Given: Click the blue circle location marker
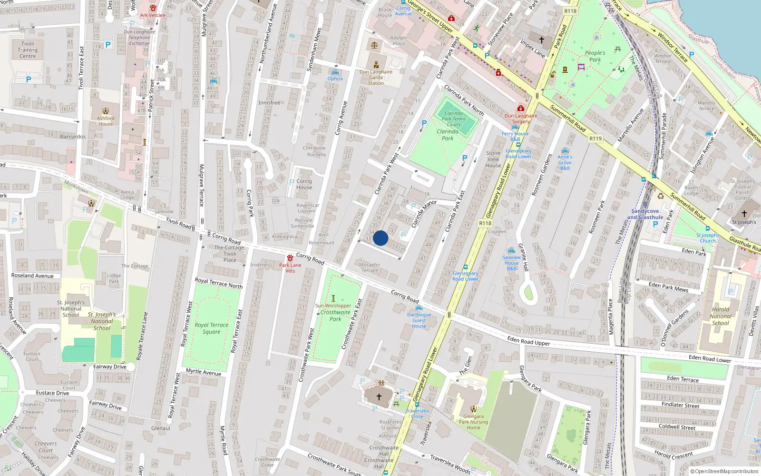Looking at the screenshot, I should pyautogui.click(x=380, y=238).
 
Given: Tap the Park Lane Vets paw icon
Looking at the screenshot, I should pyautogui.click(x=290, y=258).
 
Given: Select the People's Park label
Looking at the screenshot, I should pyautogui.click(x=595, y=56).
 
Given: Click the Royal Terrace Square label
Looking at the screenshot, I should pyautogui.click(x=212, y=328).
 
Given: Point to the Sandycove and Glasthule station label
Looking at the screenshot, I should pyautogui.click(x=645, y=214).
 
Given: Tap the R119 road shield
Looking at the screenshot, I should pyautogui.click(x=595, y=139).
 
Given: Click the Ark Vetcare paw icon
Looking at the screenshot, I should pyautogui.click(x=153, y=9).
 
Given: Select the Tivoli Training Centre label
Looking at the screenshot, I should pyautogui.click(x=28, y=50).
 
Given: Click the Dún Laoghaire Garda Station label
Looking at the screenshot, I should pyautogui.click(x=376, y=78).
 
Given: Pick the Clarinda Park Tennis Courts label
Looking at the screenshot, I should pyautogui.click(x=454, y=119).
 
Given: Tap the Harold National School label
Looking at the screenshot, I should pyautogui.click(x=721, y=316).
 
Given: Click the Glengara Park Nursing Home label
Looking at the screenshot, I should pyautogui.click(x=473, y=422).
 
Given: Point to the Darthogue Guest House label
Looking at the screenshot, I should pyautogui.click(x=419, y=320).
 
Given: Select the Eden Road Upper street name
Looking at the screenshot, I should pyautogui.click(x=528, y=340).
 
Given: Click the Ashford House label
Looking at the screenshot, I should pyautogui.click(x=106, y=121).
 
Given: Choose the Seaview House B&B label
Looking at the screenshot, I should pyautogui.click(x=512, y=263).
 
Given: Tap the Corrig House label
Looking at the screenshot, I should pyautogui.click(x=304, y=184).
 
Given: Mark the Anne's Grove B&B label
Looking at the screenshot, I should pyautogui.click(x=565, y=162).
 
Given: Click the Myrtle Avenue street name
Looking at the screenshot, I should pyautogui.click(x=204, y=372).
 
